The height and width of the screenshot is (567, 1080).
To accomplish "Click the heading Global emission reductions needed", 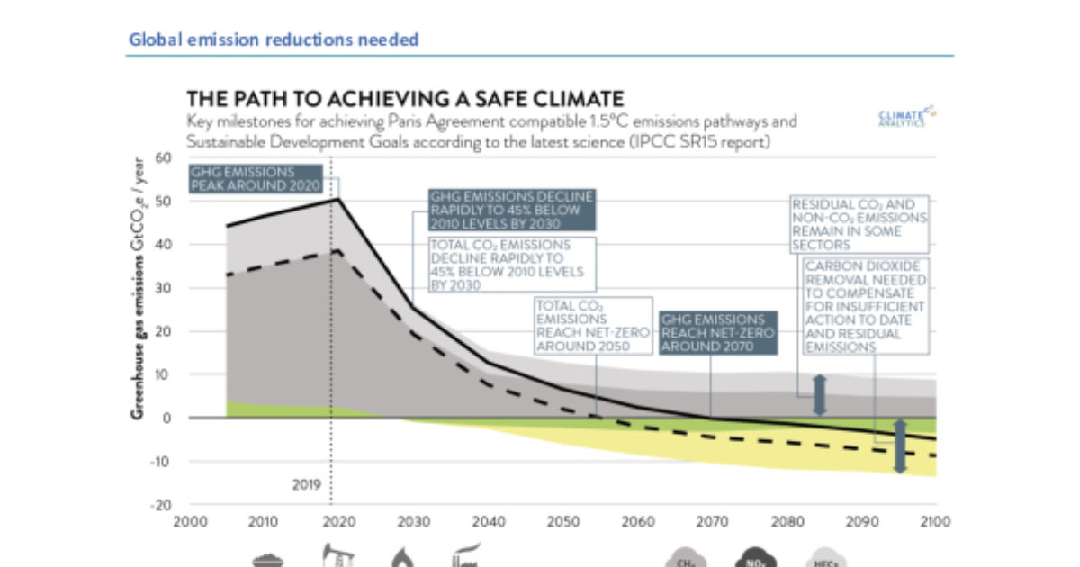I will point(274,40).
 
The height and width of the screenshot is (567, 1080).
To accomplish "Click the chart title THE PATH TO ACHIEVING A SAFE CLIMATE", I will point(405,98).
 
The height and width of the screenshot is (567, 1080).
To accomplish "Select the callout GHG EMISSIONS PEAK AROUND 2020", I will point(255,177).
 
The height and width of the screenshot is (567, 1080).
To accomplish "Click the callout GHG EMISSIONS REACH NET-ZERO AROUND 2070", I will point(717,333).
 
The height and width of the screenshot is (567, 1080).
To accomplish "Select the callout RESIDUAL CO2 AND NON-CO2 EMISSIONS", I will point(859,224).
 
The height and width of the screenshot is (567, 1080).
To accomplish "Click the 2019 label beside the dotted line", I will point(306,483).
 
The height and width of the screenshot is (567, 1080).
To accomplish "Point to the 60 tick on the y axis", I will point(163,157).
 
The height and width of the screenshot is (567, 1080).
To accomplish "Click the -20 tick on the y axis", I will point(161,505).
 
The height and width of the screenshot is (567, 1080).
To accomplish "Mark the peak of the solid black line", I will point(336,199).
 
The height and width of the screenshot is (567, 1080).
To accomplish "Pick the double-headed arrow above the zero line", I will point(819,395).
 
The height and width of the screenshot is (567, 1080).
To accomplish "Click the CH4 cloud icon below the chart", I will point(681,559).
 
